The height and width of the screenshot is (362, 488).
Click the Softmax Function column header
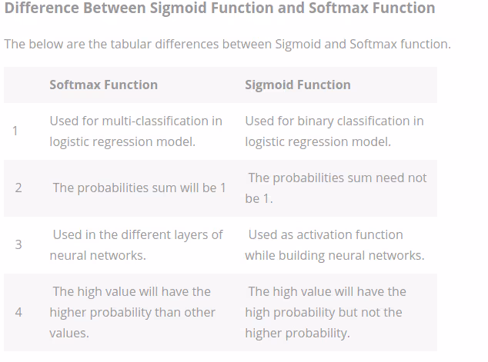103,85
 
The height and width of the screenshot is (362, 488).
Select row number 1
15,131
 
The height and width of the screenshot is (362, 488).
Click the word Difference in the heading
42,9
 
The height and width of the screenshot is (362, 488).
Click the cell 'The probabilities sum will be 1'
139,188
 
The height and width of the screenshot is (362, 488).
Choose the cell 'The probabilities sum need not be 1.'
336,188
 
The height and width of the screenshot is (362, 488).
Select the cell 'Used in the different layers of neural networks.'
136,244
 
